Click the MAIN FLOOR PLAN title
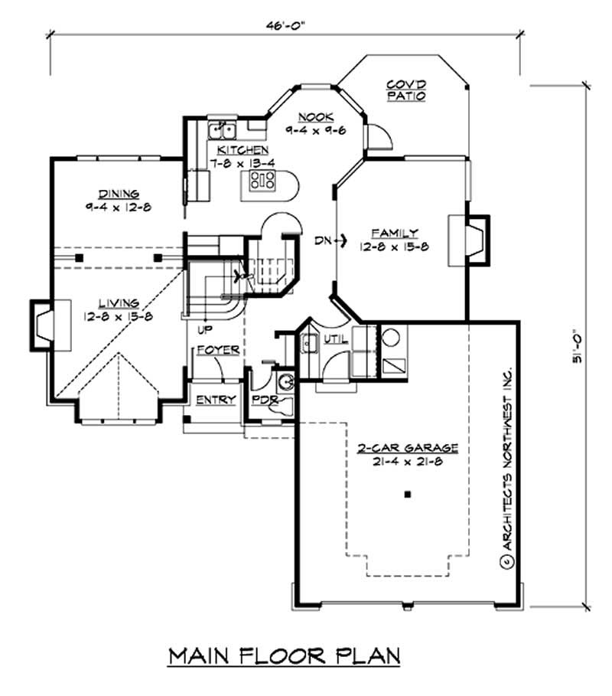click(x=285, y=656)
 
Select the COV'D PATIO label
click(x=405, y=90)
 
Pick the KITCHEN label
click(x=243, y=149)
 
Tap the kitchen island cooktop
click(x=263, y=181)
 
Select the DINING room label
click(x=117, y=194)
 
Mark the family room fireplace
click(x=468, y=240)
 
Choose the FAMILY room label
click(x=395, y=233)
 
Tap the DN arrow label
click(x=327, y=240)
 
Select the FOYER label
click(x=218, y=350)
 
